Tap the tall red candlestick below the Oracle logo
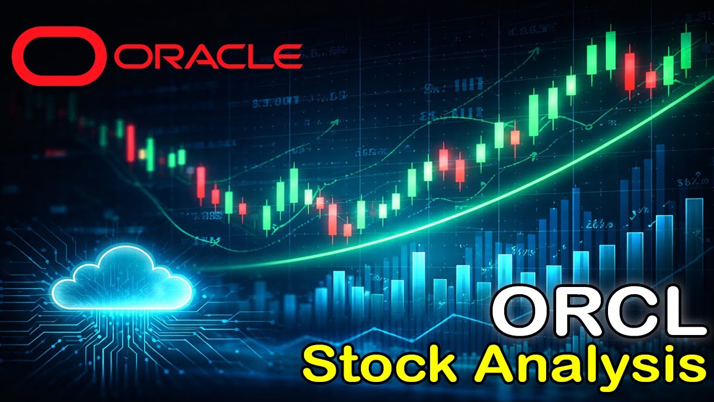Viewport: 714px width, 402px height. [x=131, y=143]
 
